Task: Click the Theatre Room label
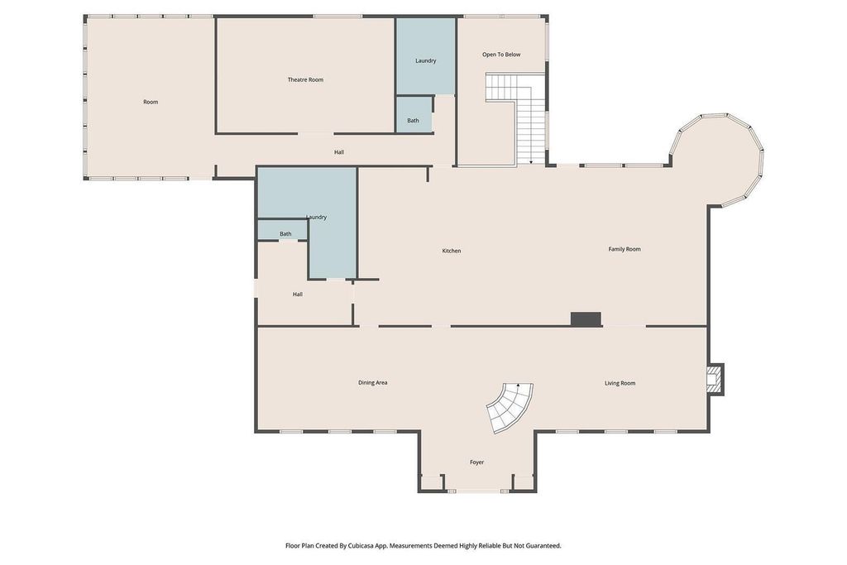305,79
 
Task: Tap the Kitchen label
451,251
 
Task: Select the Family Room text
624,249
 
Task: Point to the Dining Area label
372,383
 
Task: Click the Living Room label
620,383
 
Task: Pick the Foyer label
476,462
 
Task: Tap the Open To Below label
501,55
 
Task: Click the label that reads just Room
151,102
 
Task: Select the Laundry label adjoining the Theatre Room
425,60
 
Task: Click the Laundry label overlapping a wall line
316,218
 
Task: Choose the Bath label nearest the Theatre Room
413,121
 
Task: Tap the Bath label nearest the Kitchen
285,234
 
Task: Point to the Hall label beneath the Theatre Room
339,152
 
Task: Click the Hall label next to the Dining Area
297,294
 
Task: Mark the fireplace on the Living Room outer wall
714,378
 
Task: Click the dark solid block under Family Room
586,318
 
